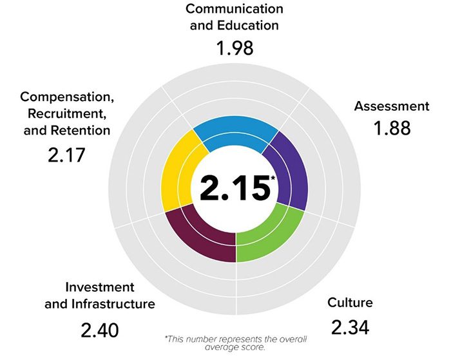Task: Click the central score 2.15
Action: (x=233, y=189)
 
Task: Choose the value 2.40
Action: (x=100, y=331)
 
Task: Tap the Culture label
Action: (x=350, y=303)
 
